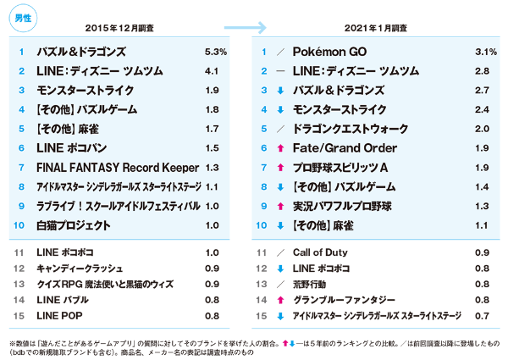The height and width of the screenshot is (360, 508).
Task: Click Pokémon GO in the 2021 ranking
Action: point(329,53)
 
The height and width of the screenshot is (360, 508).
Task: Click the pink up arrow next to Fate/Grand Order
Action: point(279,148)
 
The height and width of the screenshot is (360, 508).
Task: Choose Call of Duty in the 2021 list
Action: point(321,253)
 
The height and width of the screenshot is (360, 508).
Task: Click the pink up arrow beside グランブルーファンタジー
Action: point(279,299)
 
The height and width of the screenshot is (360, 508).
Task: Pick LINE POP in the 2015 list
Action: point(61,314)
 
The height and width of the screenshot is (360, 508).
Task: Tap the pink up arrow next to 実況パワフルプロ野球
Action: point(279,206)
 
